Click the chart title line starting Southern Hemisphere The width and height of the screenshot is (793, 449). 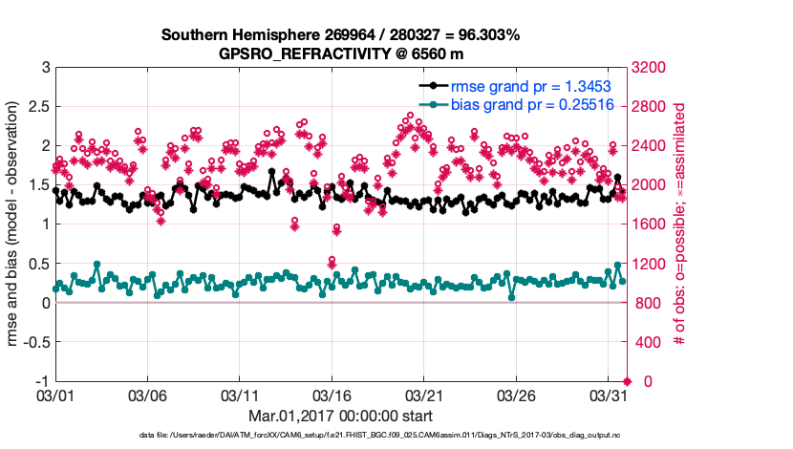(341, 35)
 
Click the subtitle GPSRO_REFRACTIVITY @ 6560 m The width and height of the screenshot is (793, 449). (341, 53)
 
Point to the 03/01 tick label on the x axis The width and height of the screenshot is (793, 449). (54, 395)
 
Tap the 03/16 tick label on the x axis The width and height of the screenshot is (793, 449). (332, 395)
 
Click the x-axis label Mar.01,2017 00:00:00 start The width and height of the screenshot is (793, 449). (341, 416)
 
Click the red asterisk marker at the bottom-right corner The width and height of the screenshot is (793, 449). (627, 381)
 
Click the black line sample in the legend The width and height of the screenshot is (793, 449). (433, 86)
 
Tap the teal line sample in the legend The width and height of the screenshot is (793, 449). (433, 105)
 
